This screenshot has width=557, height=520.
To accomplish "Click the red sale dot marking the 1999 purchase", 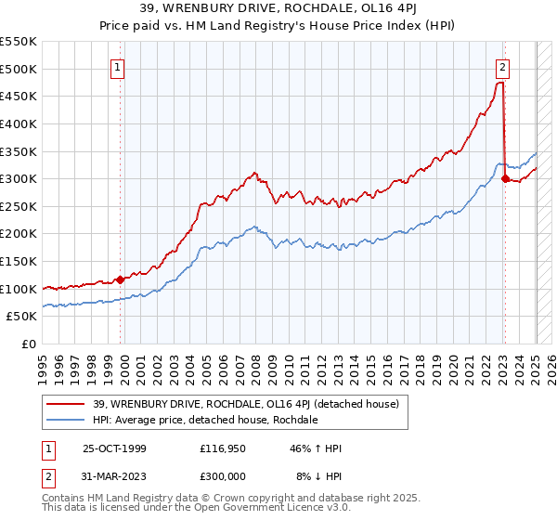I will point(121,279).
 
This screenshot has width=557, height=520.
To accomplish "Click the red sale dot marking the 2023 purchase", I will point(505,178).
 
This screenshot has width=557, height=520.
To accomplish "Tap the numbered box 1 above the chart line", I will point(119,67).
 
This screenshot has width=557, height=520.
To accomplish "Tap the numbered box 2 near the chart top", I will point(501,67).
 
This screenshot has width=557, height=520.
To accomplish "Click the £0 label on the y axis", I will point(31,344).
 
